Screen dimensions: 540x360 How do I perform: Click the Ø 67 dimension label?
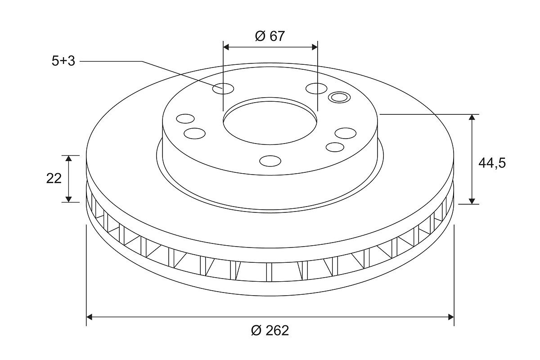click(270, 36)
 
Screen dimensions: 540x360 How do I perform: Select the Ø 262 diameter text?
click(270, 330)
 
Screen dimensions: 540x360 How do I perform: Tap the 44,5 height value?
click(492, 163)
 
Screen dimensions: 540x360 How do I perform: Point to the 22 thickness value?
click(54, 179)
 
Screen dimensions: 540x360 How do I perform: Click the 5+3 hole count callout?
click(63, 61)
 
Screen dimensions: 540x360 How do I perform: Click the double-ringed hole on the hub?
click(339, 97)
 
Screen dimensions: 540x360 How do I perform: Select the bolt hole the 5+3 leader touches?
click(223, 89)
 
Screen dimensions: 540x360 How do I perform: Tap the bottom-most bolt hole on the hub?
click(270, 161)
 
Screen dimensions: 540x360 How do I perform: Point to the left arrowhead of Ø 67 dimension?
click(226, 47)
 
